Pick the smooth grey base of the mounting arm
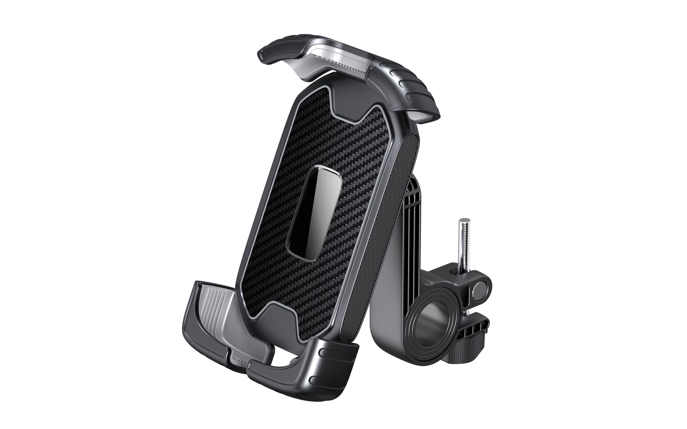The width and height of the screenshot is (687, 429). (389, 335)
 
